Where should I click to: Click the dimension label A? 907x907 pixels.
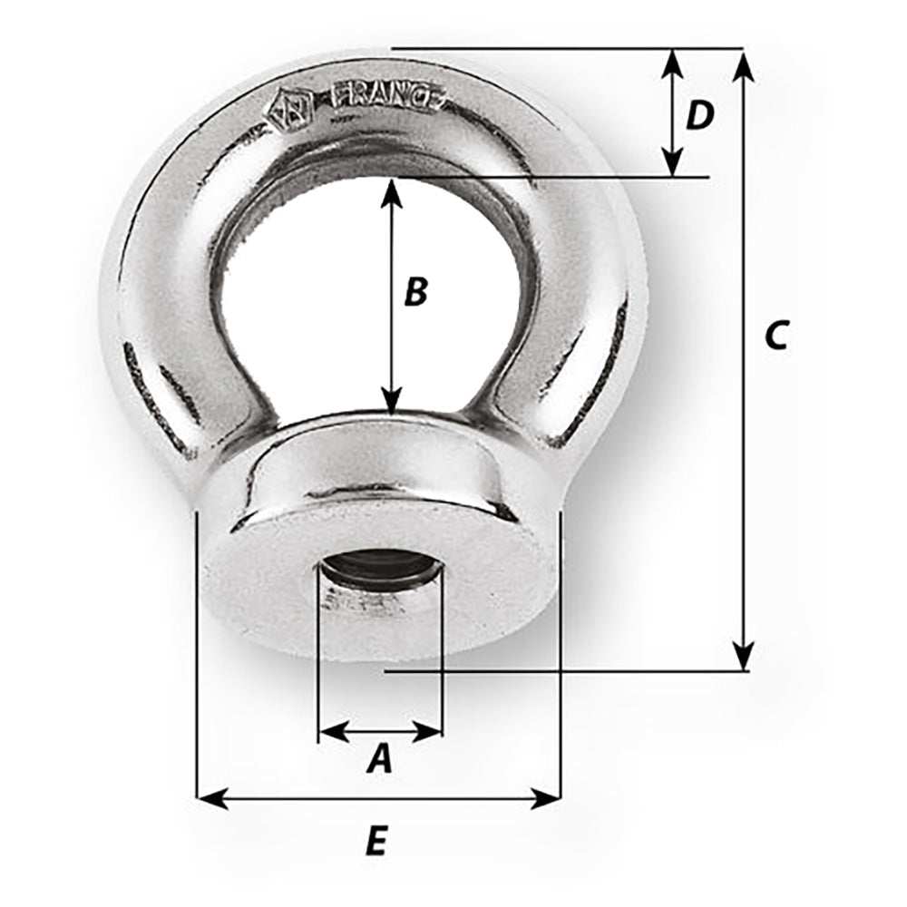pyautogui.click(x=380, y=758)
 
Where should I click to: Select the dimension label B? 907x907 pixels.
pyautogui.click(x=414, y=292)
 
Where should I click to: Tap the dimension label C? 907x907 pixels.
pyautogui.click(x=775, y=335)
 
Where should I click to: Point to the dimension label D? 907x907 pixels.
pyautogui.click(x=699, y=115)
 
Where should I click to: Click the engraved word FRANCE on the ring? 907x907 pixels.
pyautogui.click(x=387, y=97)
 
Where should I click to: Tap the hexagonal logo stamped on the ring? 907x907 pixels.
pyautogui.click(x=288, y=108)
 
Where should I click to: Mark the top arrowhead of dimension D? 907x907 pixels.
pyautogui.click(x=671, y=62)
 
